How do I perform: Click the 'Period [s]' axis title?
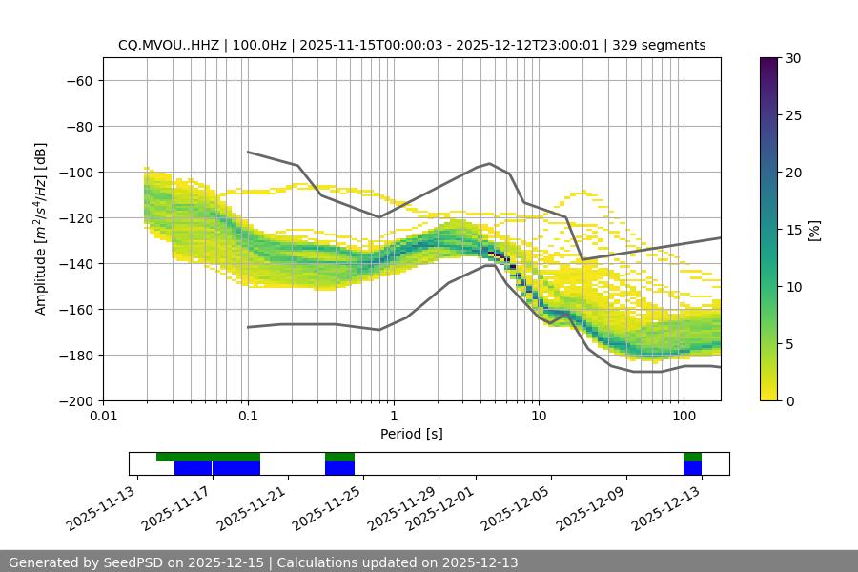tap(411, 434)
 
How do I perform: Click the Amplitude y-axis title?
tap(41, 229)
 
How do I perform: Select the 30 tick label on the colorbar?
tap(792, 58)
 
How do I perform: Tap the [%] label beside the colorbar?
tap(813, 230)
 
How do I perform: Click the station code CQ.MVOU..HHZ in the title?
tap(169, 45)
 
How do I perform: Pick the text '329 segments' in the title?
tap(659, 45)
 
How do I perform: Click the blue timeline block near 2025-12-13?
tap(692, 468)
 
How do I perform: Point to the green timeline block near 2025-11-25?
tap(339, 457)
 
